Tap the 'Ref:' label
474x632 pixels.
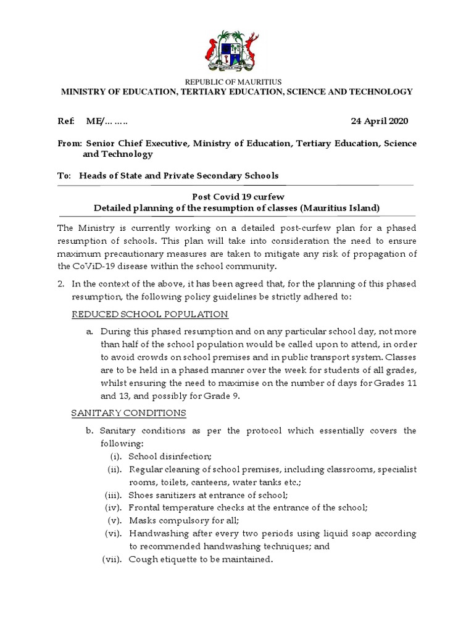[66, 120]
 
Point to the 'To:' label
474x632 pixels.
[65, 175]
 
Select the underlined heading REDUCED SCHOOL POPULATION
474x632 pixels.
[150, 314]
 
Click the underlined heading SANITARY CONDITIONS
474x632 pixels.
[128, 412]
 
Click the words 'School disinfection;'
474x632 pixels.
[170, 456]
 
